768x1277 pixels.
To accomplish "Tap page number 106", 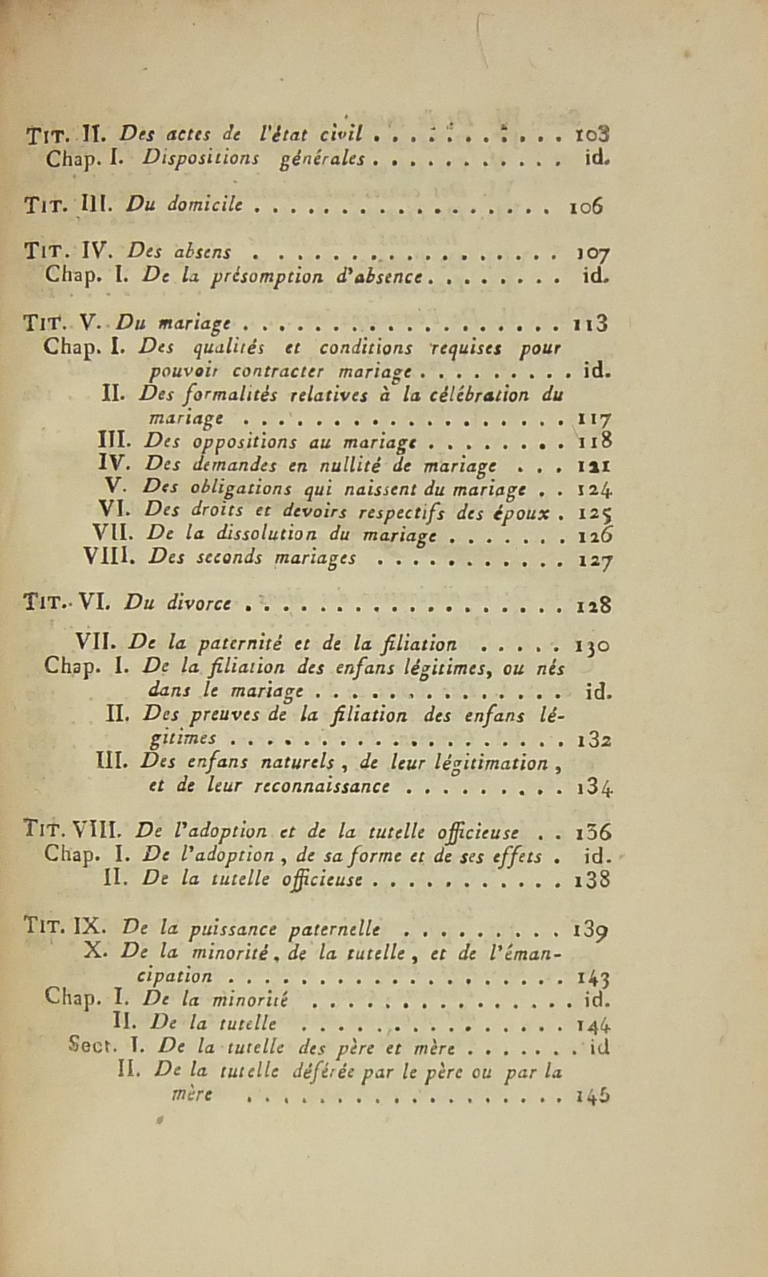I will (x=586, y=207).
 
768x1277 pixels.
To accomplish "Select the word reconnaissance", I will (x=333, y=786).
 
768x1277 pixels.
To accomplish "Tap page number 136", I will (x=594, y=832).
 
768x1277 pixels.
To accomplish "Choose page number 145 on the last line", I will (x=592, y=1096).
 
